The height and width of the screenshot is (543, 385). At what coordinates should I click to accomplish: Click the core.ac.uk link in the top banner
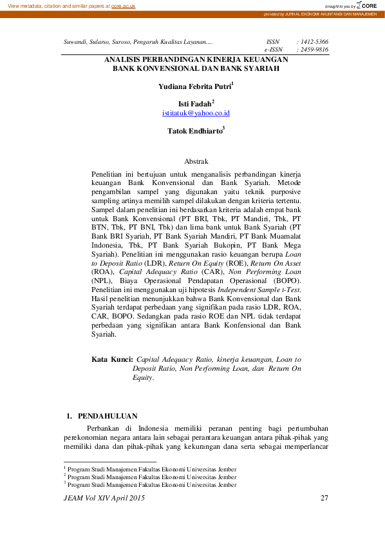pyautogui.click(x=124, y=5)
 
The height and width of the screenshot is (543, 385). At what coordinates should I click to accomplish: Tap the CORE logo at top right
pyautogui.click(x=368, y=5)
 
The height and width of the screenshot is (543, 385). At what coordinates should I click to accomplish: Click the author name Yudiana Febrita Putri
pyautogui.click(x=194, y=85)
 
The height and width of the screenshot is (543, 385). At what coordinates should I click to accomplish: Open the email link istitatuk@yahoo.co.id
pyautogui.click(x=196, y=113)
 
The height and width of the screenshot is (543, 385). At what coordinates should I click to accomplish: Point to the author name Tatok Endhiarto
pyautogui.click(x=194, y=130)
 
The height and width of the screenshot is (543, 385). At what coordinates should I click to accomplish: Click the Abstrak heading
pyautogui.click(x=196, y=161)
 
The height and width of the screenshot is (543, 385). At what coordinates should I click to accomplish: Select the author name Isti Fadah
pyautogui.click(x=195, y=103)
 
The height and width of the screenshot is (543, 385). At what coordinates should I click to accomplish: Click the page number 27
pyautogui.click(x=324, y=498)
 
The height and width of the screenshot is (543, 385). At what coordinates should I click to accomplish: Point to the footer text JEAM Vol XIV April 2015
pyautogui.click(x=104, y=498)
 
